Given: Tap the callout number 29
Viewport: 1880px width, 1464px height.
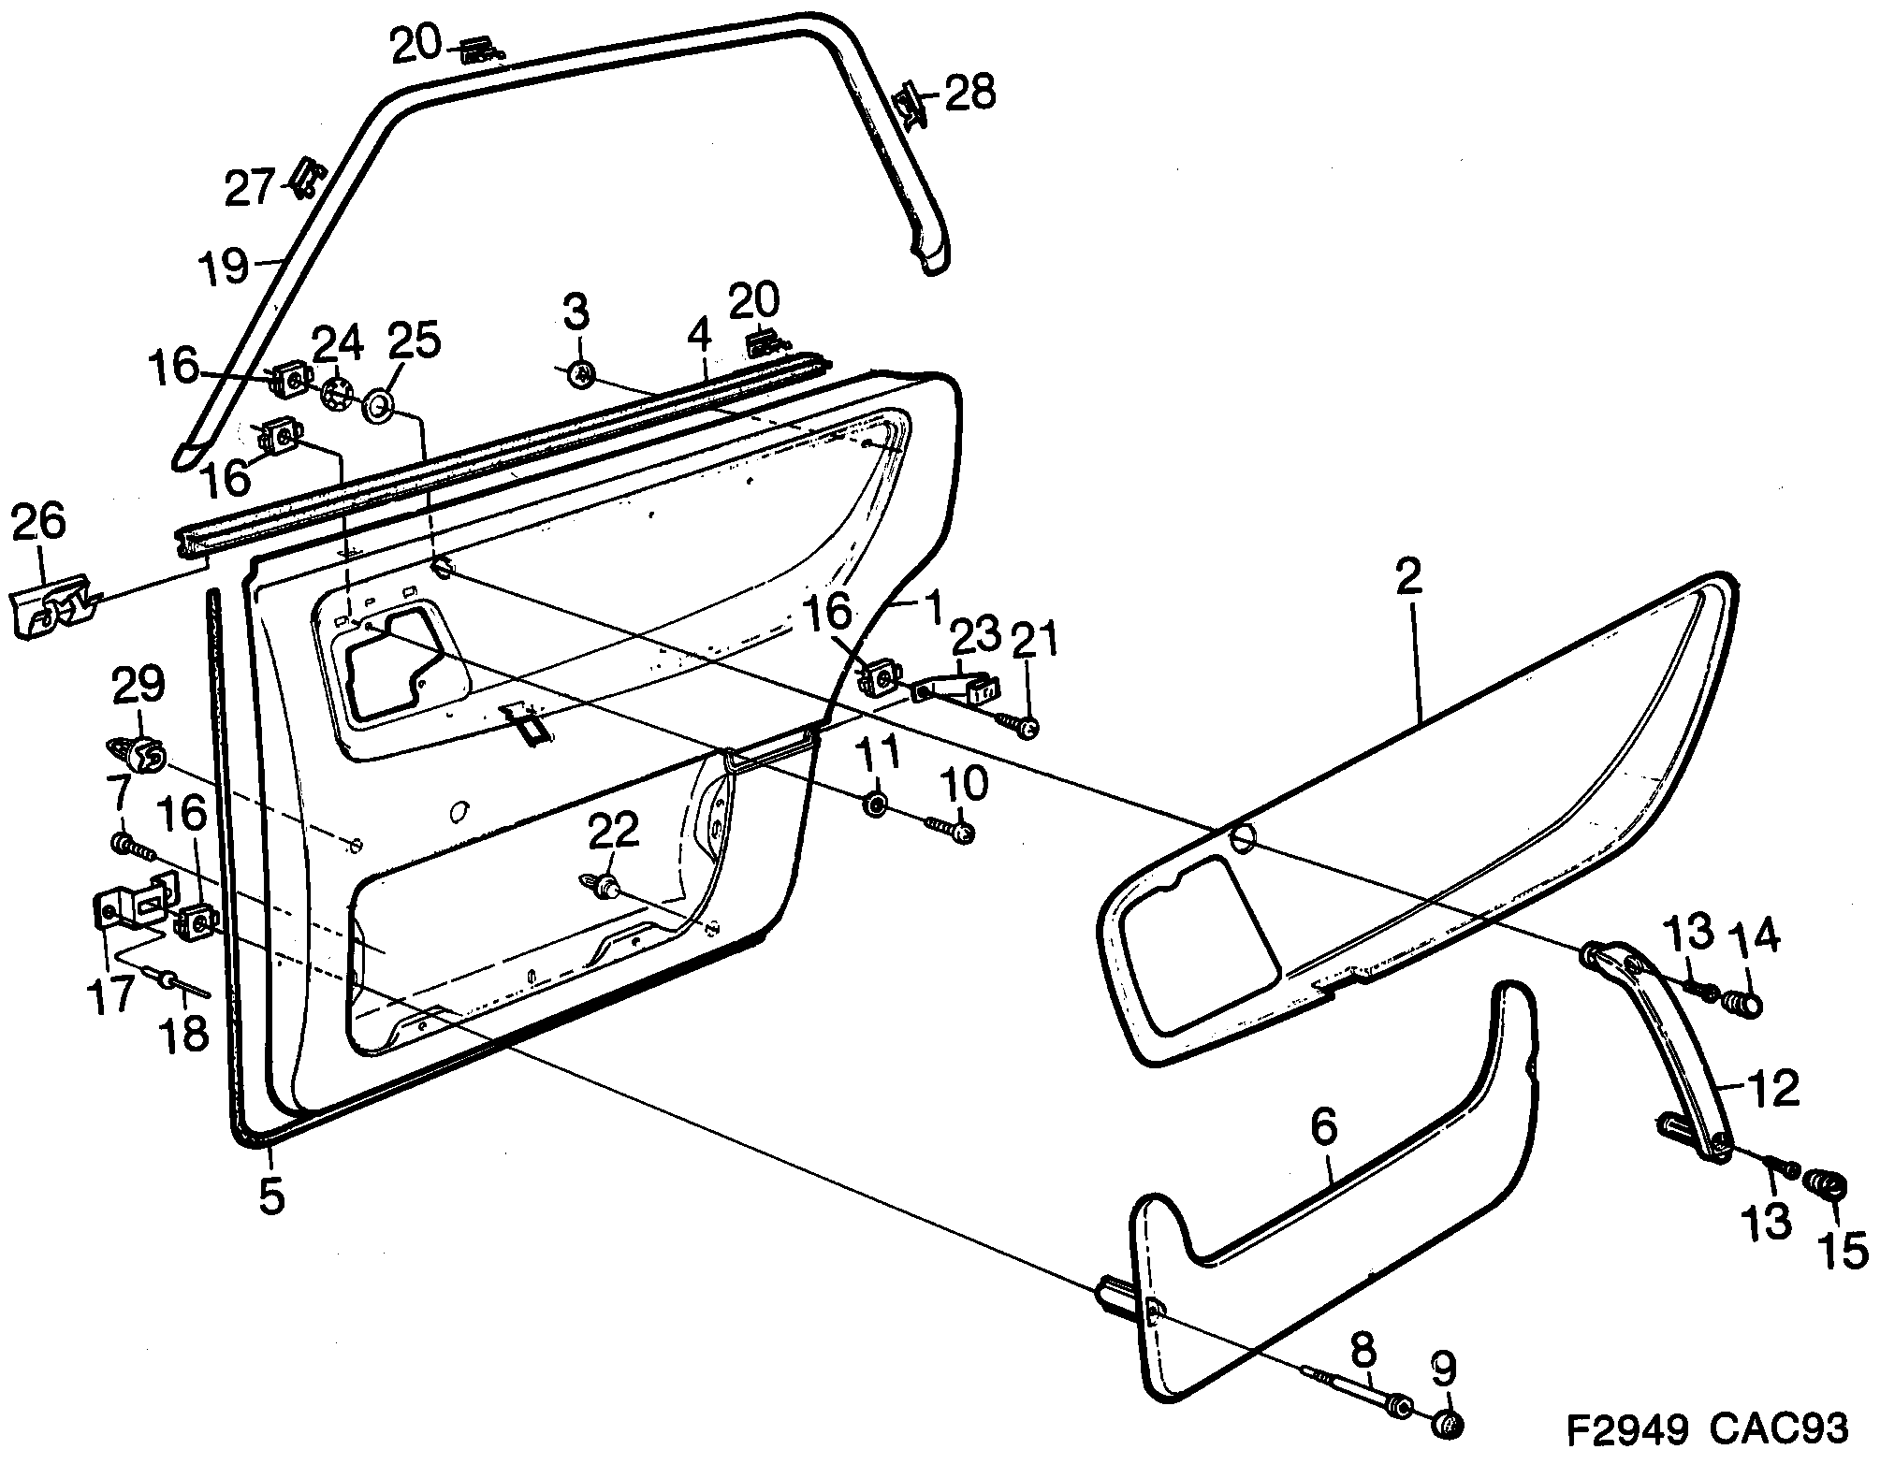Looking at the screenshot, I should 138,686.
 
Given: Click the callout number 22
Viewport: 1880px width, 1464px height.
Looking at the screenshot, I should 613,830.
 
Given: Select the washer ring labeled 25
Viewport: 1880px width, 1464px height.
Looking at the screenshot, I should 379,407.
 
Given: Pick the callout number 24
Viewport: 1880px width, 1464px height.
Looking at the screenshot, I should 337,344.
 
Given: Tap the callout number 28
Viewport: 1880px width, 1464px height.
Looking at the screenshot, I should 969,94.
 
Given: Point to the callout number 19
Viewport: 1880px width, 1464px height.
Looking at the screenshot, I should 223,266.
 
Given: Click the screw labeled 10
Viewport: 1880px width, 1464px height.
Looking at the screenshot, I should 953,829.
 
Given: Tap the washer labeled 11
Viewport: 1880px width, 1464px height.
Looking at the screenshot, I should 876,804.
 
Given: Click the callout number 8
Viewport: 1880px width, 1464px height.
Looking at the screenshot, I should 1363,1353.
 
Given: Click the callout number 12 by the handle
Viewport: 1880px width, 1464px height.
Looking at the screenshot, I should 1771,1089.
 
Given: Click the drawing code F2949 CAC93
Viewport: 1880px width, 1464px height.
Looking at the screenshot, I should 1707,1428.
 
